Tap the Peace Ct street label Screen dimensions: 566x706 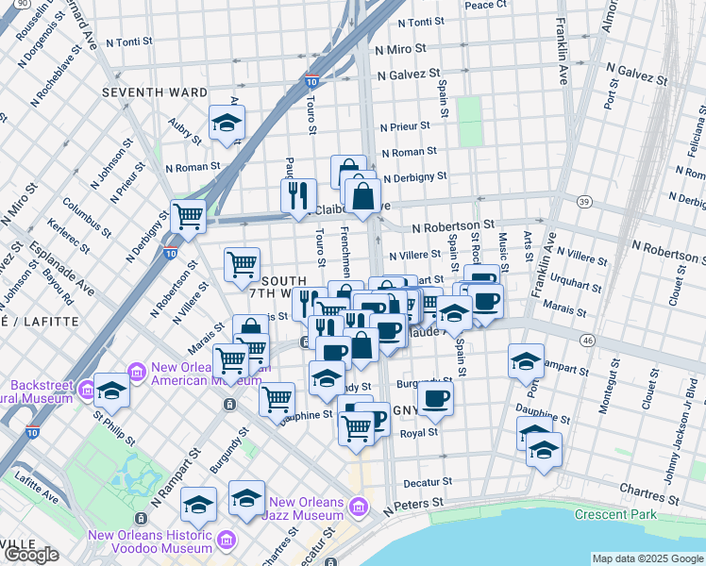pyautogui.click(x=485, y=5)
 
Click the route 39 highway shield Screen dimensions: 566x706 pyautogui.click(x=585, y=202)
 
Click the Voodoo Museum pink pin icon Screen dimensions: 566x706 pyautogui.click(x=226, y=540)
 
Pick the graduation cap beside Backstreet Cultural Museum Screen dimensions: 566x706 pyautogui.click(x=111, y=391)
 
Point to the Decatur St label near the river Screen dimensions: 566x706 pyautogui.click(x=428, y=481)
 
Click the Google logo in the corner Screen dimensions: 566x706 pyautogui.click(x=31, y=555)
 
